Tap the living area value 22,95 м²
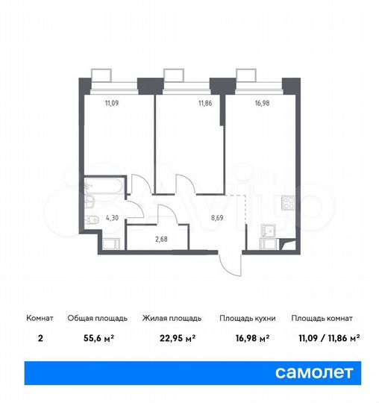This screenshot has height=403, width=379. [169, 337]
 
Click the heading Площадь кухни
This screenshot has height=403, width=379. [247, 317]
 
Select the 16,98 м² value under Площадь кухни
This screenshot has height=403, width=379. [245, 337]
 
